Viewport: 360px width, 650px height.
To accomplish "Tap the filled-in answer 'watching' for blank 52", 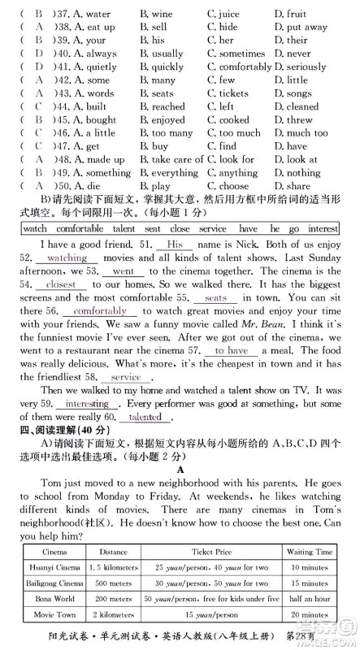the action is click(x=68, y=258).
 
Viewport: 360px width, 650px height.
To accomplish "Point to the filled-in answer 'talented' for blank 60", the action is click(x=145, y=417).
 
